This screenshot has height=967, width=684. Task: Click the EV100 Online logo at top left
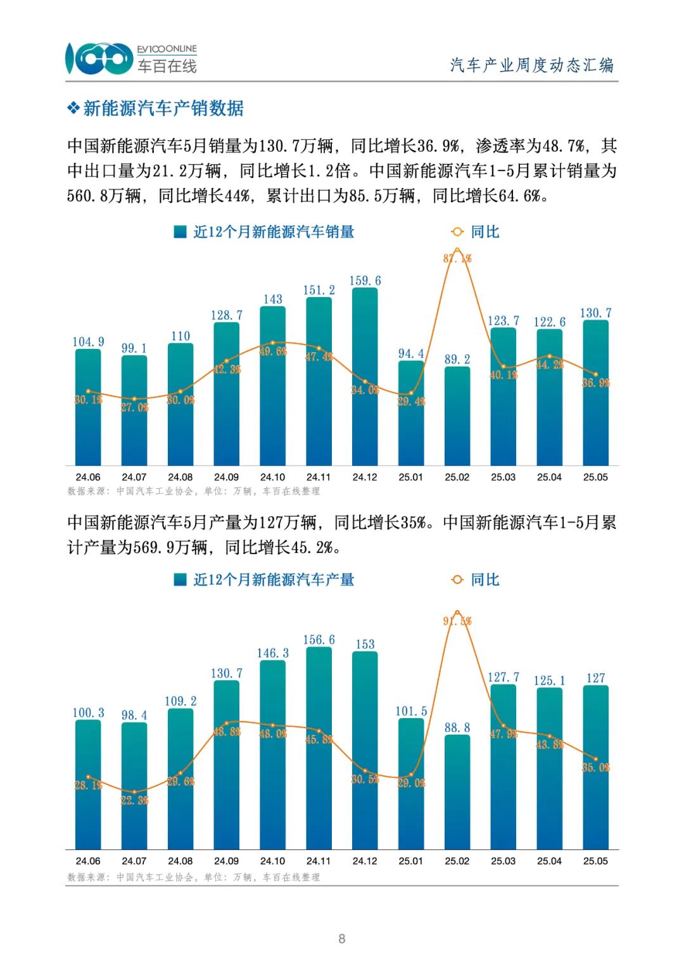[x=130, y=59]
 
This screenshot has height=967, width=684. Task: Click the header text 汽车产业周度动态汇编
[x=531, y=65]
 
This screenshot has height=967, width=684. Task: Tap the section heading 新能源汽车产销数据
[x=163, y=108]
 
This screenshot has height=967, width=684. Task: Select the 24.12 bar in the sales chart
[x=365, y=380]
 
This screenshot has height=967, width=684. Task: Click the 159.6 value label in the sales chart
[x=365, y=281]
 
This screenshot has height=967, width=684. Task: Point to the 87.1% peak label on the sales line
[x=457, y=258]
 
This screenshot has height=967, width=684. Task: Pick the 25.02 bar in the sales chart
[x=457, y=418]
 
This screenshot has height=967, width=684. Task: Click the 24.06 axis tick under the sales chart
[x=88, y=477]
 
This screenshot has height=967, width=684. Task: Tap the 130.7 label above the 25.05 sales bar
[x=595, y=313]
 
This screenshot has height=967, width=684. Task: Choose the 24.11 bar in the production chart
[x=319, y=747]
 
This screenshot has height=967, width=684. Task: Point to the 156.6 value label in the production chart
[x=319, y=640]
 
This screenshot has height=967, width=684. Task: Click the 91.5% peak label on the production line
[x=457, y=621]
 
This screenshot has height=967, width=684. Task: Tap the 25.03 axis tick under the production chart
[x=503, y=861]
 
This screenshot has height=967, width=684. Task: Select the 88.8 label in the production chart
[x=457, y=728]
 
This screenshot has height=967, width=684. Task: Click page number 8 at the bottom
[x=342, y=939]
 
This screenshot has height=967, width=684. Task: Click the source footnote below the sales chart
[x=193, y=491]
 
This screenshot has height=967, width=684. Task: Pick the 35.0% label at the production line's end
[x=596, y=768]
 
